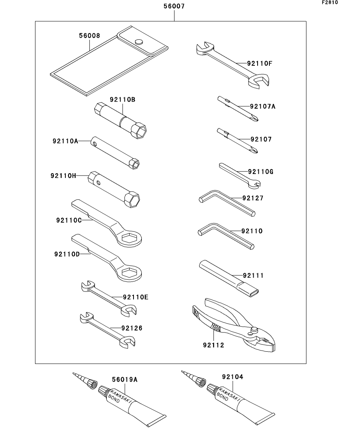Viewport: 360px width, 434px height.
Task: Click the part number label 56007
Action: click(x=174, y=6)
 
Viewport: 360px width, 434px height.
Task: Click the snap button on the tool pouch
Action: click(x=138, y=41)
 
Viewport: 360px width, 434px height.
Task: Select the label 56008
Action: click(x=89, y=35)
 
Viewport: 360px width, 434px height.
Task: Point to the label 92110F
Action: click(x=260, y=63)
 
